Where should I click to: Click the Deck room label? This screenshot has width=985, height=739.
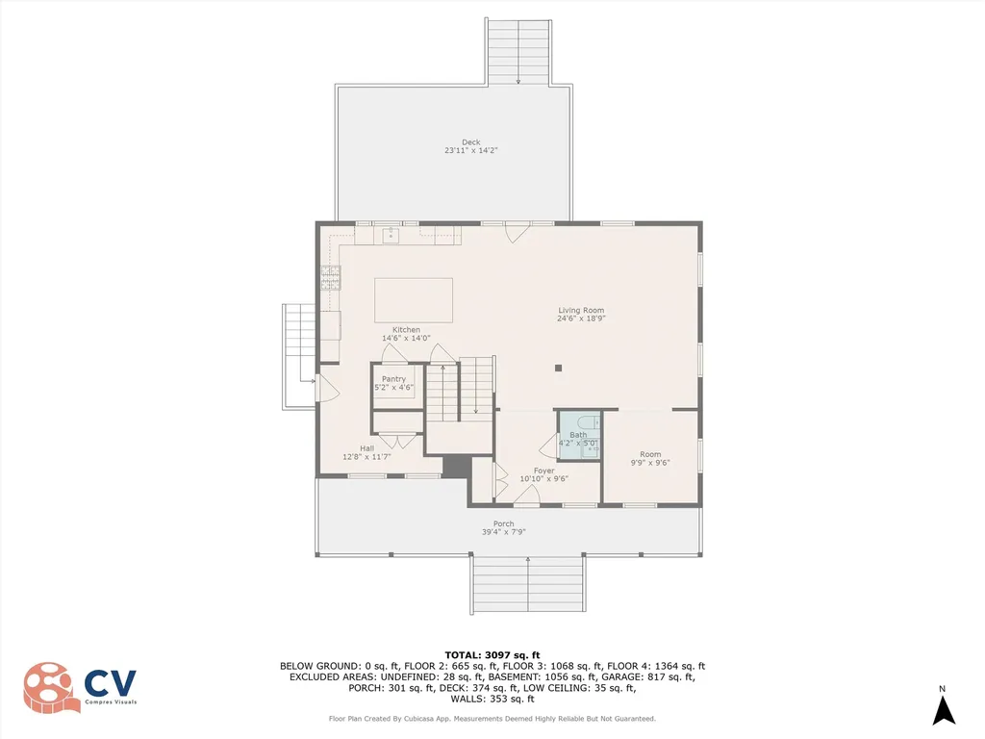pyautogui.click(x=470, y=142)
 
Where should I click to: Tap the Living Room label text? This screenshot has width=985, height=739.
pyautogui.click(x=581, y=310)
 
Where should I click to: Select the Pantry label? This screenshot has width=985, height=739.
pyautogui.click(x=393, y=379)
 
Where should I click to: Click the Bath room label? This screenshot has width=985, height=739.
pyautogui.click(x=578, y=435)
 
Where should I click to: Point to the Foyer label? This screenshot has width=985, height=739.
pyautogui.click(x=544, y=471)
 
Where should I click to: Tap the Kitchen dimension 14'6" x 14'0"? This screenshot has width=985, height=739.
pyautogui.click(x=406, y=338)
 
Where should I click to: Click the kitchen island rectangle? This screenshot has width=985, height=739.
pyautogui.click(x=414, y=299)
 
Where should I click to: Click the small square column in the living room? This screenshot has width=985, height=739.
pyautogui.click(x=558, y=367)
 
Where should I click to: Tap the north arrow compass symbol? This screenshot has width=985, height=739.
pyautogui.click(x=944, y=709)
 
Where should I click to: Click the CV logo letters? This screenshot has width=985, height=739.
pyautogui.click(x=111, y=684)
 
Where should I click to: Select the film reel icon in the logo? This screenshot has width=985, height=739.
pyautogui.click(x=51, y=687)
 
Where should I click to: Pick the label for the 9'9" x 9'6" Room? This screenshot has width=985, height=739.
pyautogui.click(x=650, y=454)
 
